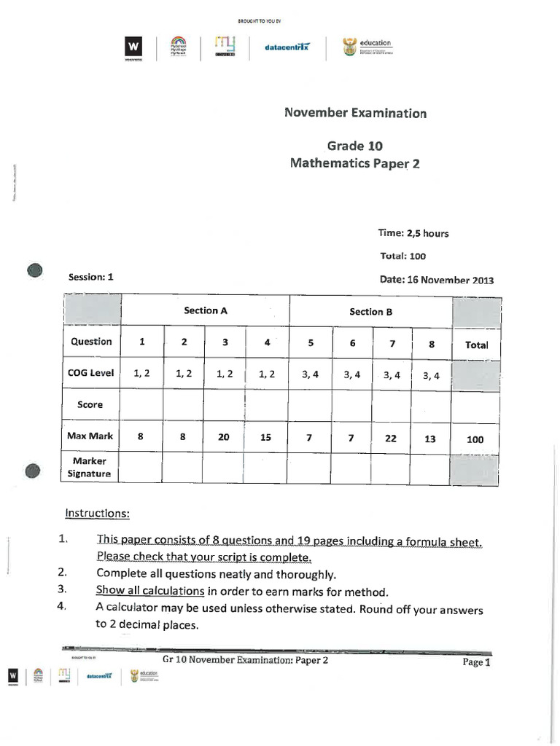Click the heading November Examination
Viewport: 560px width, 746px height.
click(354, 113)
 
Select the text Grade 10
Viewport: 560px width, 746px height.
click(355, 146)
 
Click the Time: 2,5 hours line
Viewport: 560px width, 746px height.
click(413, 233)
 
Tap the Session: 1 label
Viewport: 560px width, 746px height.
click(91, 277)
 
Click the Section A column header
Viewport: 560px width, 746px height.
click(206, 310)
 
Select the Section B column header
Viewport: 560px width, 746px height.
click(370, 312)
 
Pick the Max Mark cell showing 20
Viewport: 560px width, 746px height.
click(224, 438)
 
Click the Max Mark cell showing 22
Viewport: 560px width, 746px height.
click(392, 439)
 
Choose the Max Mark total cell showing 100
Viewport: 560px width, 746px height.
click(475, 440)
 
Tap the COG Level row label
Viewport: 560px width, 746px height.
click(91, 373)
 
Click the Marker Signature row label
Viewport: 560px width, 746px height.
click(90, 467)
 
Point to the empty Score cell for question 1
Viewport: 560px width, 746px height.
click(141, 405)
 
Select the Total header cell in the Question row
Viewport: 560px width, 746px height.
click(476, 345)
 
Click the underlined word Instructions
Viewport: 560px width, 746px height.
click(97, 513)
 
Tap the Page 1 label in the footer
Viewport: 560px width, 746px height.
click(478, 662)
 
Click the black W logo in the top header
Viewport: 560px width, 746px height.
click(133, 47)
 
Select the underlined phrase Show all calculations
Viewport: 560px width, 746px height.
click(149, 591)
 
